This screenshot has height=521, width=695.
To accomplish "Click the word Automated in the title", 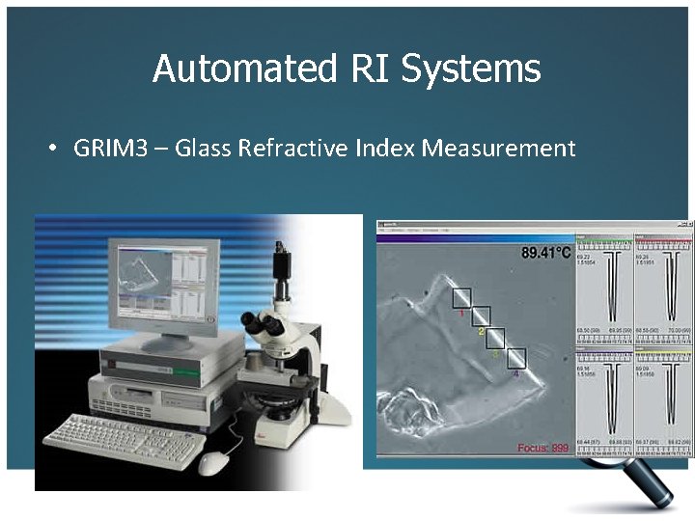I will tap(240, 69).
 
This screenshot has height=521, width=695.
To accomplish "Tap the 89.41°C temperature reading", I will tap(546, 254).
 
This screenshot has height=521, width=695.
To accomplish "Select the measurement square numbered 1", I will tap(461, 297).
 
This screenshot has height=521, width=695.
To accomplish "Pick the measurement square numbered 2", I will tap(480, 317).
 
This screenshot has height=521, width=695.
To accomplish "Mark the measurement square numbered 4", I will tap(516, 359).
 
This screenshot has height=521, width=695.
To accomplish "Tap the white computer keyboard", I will tap(125, 440).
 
